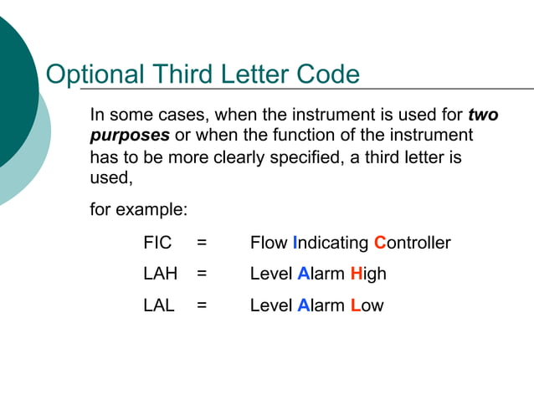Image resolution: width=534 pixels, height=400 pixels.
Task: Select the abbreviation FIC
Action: tap(157, 243)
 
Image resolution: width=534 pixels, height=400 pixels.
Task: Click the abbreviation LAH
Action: tap(160, 274)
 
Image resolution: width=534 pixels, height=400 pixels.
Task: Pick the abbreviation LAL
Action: tap(158, 305)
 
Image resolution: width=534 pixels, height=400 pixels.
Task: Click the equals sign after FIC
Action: tap(202, 243)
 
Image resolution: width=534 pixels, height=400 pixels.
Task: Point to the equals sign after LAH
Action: tap(202, 274)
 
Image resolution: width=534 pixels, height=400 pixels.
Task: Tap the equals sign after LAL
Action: tap(202, 305)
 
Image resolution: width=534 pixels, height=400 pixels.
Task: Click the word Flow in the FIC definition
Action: tap(269, 243)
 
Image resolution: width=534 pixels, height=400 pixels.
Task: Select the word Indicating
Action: tap(331, 243)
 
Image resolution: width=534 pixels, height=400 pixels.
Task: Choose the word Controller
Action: tap(412, 243)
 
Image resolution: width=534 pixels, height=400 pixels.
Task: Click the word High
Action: tap(368, 274)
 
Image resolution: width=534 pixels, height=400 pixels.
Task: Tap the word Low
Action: tap(367, 305)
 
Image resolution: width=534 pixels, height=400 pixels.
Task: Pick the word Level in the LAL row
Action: tap(271, 305)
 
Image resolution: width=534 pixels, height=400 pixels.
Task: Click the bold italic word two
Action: tap(483, 115)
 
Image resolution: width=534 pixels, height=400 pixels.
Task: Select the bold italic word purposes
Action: tap(130, 135)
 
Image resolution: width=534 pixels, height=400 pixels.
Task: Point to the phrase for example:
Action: tap(138, 209)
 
